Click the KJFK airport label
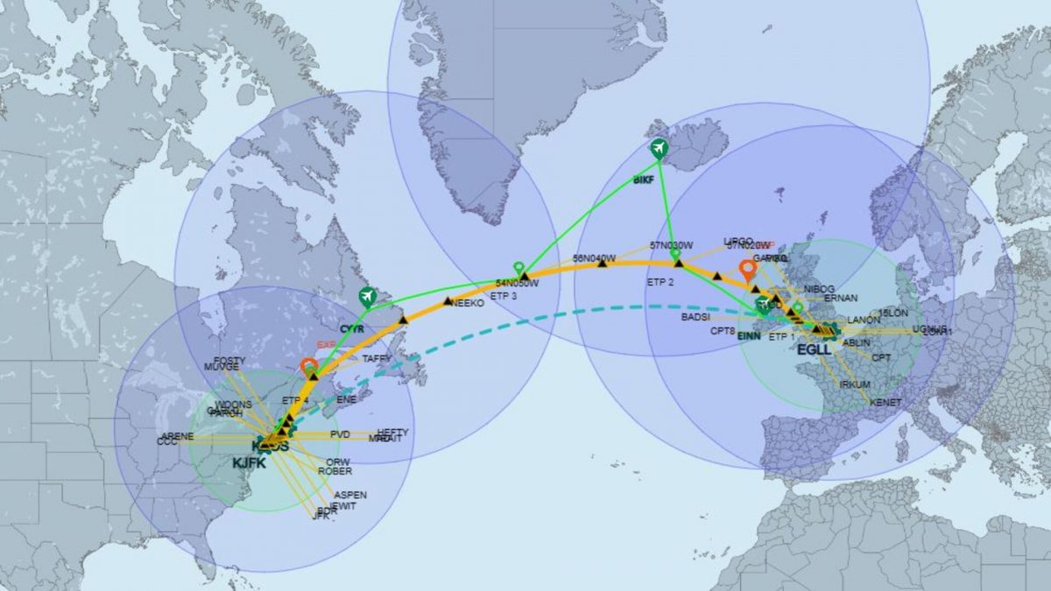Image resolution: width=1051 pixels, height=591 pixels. tap(250, 463)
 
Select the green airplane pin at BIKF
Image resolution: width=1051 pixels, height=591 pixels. tap(660, 149)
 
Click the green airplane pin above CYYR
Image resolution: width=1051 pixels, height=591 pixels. tap(368, 297)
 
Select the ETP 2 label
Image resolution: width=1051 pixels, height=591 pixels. tap(660, 283)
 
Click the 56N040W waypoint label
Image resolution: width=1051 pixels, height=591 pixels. tap(595, 258)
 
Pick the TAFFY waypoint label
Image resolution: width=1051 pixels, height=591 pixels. tap(377, 358)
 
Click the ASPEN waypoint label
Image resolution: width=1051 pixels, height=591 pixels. tap(350, 495)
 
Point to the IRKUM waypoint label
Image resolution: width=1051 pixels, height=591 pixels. tap(855, 384)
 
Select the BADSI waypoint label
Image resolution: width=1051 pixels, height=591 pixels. tap(695, 317)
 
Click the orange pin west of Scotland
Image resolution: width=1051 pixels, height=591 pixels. tap(748, 270)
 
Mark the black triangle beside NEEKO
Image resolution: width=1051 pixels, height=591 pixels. tap(448, 301)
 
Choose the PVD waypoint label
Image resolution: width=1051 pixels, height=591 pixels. tap(340, 435)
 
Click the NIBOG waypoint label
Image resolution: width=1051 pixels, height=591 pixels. tap(819, 288)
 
